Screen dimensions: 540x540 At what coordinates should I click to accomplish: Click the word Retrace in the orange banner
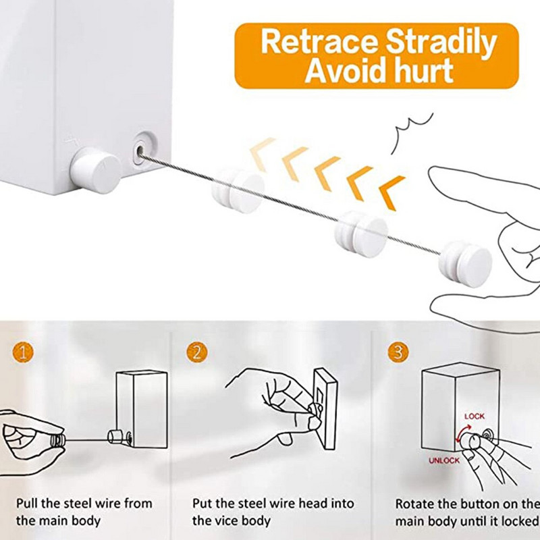tap(319, 42)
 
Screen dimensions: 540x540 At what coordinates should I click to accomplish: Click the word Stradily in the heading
tap(441, 43)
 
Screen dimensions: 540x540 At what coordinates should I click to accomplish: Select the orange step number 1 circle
tap(23, 352)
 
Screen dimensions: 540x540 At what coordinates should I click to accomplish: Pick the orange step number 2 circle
tap(197, 352)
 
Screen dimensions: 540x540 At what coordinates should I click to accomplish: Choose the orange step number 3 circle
tap(398, 352)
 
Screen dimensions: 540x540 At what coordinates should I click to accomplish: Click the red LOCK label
tap(475, 416)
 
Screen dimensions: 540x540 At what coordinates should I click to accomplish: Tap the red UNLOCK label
tap(444, 460)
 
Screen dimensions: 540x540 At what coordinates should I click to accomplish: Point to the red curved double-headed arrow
tap(462, 433)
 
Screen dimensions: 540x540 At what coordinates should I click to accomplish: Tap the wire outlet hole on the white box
tap(140, 151)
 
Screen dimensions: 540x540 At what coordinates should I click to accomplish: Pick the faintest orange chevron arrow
tap(263, 153)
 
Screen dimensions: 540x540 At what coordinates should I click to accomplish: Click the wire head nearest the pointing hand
tap(465, 263)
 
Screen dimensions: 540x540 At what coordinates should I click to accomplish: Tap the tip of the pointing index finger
tap(433, 171)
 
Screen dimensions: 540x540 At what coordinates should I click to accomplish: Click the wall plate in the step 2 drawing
tap(325, 408)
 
